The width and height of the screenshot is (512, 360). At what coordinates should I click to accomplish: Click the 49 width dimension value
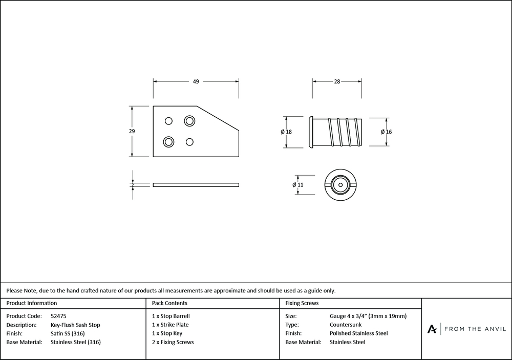coord(196,81)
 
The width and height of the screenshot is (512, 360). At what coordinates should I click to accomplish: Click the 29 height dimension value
coord(132,131)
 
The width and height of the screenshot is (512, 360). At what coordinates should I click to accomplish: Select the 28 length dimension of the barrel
coord(337,81)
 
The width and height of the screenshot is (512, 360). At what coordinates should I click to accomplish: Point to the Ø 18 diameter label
coord(286,132)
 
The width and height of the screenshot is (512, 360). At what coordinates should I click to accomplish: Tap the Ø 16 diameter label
coord(386,132)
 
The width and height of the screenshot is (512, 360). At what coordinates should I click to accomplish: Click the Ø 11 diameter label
coord(298,184)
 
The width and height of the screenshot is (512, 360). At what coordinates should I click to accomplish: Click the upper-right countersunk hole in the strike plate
coord(189,121)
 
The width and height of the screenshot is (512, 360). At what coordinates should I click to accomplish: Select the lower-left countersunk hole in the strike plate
coord(168,142)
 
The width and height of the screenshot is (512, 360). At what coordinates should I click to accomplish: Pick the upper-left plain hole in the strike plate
coord(168,121)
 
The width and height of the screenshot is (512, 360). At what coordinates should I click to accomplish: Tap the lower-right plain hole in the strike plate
coord(189,142)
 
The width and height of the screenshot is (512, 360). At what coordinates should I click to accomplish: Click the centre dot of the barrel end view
coord(340,185)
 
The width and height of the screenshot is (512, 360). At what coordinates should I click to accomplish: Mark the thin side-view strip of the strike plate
coord(196,185)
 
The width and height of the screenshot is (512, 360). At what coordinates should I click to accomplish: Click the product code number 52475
coord(58,316)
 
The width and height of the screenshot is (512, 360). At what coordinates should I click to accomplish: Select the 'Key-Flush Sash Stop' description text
coord(75,325)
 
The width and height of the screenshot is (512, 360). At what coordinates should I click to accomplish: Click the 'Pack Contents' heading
coord(169,303)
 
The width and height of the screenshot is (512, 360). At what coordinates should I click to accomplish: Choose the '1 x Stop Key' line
coord(167,333)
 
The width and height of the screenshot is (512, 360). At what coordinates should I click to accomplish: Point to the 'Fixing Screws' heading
coord(302,303)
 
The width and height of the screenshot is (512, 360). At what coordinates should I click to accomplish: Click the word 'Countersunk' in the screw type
coord(346,325)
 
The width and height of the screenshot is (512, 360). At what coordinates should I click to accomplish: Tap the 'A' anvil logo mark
coord(432,329)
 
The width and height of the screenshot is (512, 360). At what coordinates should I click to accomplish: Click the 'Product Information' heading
coord(31,303)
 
